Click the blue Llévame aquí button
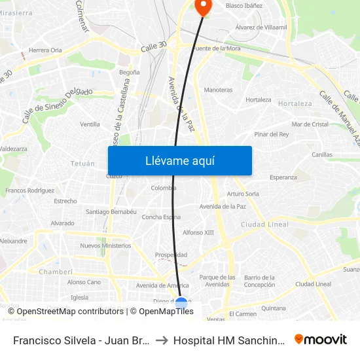point(179,160)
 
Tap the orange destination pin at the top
point(203,6)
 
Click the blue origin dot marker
point(181,303)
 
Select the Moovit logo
point(321,339)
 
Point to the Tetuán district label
point(82,164)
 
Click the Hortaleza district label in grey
point(295,103)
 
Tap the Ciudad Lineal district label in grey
point(264,225)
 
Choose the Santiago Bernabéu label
point(111,212)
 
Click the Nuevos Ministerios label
point(105,246)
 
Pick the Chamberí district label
point(56,271)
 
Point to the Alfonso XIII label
point(198,232)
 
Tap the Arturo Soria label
point(243,194)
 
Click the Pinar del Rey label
point(272,134)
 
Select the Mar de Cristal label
point(310,124)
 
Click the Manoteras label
point(218,90)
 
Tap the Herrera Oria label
point(45,50)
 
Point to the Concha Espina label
point(161,217)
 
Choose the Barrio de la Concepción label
point(259,281)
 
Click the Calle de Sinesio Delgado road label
point(58,105)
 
